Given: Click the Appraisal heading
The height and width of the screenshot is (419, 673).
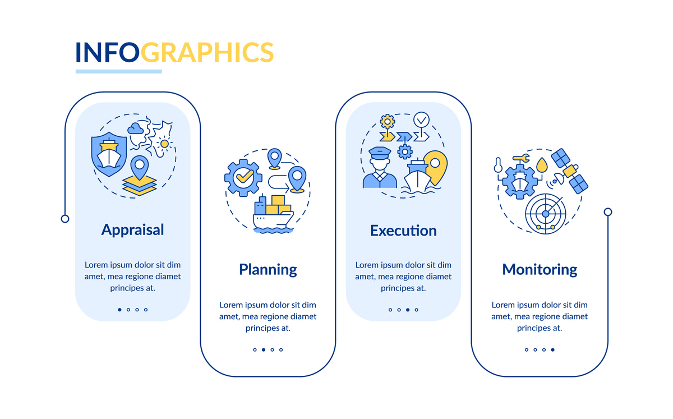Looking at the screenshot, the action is tap(132, 230).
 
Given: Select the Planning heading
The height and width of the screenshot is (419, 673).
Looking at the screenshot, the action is tap(268, 270).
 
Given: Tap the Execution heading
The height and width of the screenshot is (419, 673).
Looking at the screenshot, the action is tap(403, 231).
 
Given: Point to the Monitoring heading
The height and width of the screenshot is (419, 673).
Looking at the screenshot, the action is tap(540, 270).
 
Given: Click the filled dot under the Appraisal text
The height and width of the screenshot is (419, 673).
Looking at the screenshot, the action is tap(119, 310).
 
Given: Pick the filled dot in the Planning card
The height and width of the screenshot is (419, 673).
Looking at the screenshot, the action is tap(264, 349).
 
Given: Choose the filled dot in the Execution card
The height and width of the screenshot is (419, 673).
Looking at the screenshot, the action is tap(408, 310).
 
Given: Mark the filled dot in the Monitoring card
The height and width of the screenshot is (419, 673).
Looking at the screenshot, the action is tap(553, 349).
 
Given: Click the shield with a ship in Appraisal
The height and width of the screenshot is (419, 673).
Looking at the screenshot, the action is tap(109, 154).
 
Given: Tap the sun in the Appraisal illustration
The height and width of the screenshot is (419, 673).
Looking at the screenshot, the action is tap(164, 144).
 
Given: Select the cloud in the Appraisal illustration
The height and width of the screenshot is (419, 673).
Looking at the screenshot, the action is tap(135, 128).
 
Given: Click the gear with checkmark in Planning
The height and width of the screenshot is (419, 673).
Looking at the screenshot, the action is tap(243, 178).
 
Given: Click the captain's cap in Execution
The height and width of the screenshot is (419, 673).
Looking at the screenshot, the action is tap(380, 153).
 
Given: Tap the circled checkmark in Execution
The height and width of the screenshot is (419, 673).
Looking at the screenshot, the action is tap(421, 120).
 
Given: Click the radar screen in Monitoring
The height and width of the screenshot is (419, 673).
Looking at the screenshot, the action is tap(546, 214).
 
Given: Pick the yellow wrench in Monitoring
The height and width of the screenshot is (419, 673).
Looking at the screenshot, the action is tap(521, 158).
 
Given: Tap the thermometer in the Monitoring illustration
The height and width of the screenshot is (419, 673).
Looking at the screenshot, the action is tap(498, 165).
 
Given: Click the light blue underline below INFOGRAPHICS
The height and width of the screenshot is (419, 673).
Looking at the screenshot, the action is tap(119, 72).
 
